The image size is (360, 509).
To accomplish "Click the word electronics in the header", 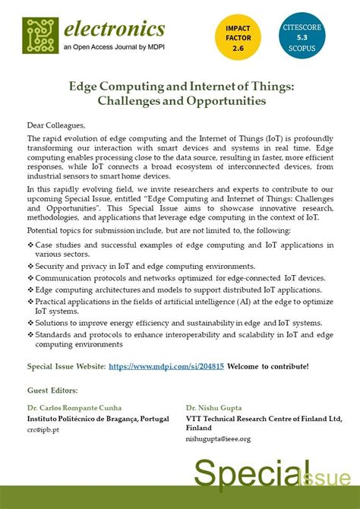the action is (x=114, y=30).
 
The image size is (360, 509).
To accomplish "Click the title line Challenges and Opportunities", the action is (x=178, y=100).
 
